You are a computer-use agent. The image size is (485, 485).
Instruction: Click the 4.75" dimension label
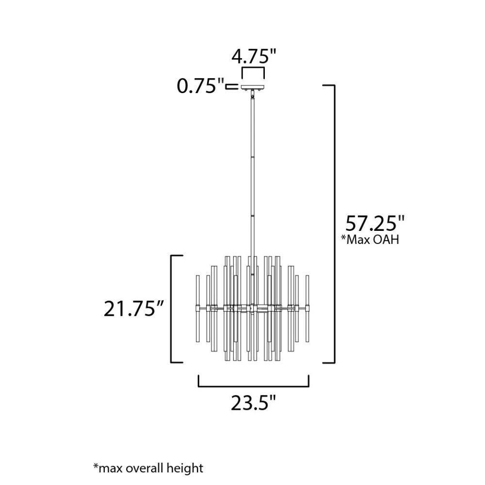(x=254, y=56)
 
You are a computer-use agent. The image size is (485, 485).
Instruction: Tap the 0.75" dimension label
(x=200, y=86)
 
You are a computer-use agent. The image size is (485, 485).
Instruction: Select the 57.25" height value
(x=375, y=223)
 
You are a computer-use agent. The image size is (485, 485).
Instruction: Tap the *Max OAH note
(x=370, y=240)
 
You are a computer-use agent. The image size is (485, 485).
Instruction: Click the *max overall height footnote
(x=148, y=468)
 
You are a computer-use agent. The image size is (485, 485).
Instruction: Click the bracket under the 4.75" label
(x=253, y=69)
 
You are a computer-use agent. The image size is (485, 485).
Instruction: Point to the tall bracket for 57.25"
(x=334, y=224)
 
